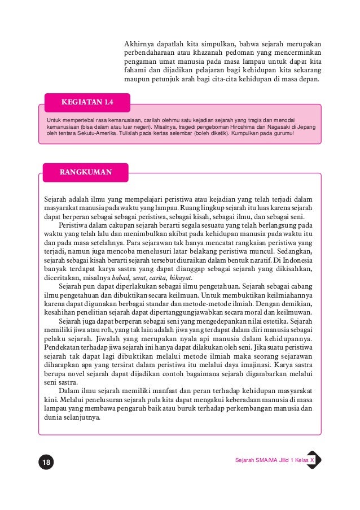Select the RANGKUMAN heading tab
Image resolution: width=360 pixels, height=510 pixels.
[x=85, y=172]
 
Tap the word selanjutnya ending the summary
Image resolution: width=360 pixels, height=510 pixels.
[x=81, y=418]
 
